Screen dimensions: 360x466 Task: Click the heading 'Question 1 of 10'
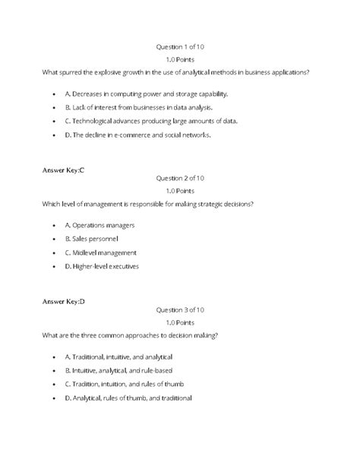click(180, 46)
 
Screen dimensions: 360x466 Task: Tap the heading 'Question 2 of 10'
click(180, 178)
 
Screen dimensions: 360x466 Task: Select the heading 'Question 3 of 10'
click(180, 309)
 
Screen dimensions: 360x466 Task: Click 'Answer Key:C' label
click(63, 170)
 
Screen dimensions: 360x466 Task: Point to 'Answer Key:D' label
click(64, 301)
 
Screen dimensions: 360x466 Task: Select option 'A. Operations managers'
click(99, 226)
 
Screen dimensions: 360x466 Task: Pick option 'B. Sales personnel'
click(92, 239)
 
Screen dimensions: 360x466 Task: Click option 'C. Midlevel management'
click(100, 252)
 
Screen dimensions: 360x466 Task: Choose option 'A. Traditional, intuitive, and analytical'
click(119, 357)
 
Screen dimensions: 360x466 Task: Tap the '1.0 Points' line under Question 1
click(180, 59)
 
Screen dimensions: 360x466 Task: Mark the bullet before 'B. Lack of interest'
click(55, 108)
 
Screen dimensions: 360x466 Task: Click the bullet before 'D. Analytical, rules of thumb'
click(55, 398)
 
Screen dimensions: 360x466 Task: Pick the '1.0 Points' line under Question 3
click(180, 322)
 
